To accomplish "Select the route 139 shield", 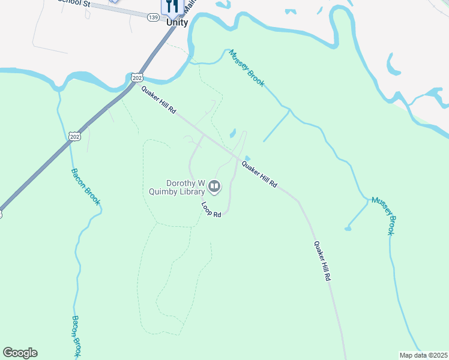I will pos(153,17).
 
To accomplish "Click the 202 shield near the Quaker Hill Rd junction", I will pos(136,77).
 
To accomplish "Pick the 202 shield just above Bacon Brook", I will pos(74,137).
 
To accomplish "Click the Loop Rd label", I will pos(211,210).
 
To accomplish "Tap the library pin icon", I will pos(215,188).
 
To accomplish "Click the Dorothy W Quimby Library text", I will pos(177,188).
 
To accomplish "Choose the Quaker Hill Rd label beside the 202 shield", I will pos(159,100).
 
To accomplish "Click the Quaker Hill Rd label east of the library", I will pos(259,175).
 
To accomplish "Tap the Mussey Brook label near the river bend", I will pos(246,68).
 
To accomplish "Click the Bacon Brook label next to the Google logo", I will pos(77,336).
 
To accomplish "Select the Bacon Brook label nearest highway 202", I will pos(85,187).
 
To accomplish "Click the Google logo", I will pos(20,353).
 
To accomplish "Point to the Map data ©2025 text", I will pos(423,355).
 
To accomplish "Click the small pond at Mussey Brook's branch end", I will pos(348,229).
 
